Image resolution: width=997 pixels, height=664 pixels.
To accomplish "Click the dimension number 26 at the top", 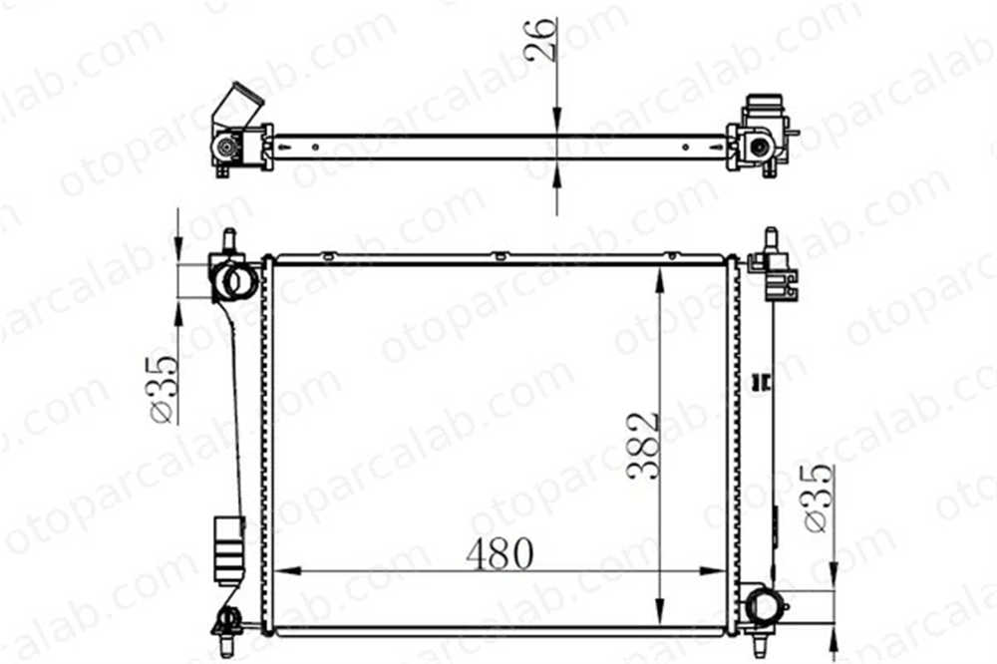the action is pyautogui.click(x=541, y=40).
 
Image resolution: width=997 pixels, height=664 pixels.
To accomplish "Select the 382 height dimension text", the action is pyautogui.click(x=642, y=446).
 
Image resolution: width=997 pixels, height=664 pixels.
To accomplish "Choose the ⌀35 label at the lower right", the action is pyautogui.click(x=819, y=498).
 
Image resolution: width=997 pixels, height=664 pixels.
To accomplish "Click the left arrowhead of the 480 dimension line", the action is pyautogui.click(x=287, y=571).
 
